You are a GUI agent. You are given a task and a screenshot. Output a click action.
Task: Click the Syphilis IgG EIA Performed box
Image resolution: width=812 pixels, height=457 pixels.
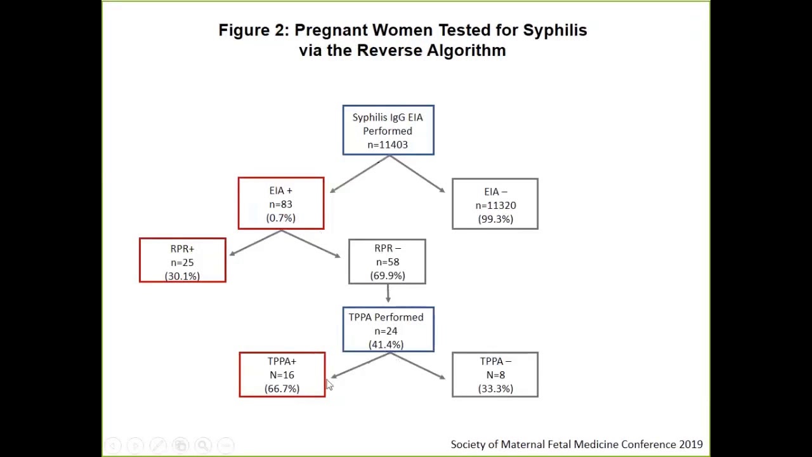tap(388, 130)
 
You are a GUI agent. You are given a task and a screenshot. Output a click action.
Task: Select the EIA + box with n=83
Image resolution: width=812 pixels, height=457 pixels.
tap(281, 203)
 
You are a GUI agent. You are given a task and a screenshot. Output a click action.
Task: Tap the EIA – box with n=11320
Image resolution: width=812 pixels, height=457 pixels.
tap(495, 204)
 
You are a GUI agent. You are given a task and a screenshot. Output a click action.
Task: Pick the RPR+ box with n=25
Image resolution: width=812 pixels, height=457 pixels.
tap(183, 260)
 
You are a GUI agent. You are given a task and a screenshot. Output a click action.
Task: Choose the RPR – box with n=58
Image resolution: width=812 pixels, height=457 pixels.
tap(387, 262)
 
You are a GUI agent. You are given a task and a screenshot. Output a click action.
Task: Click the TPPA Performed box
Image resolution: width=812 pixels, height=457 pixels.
tap(388, 329)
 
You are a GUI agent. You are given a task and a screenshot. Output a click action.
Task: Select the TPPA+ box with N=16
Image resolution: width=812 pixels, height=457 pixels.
tap(282, 374)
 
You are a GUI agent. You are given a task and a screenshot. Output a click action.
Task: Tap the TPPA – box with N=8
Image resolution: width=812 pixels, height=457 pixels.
tap(495, 374)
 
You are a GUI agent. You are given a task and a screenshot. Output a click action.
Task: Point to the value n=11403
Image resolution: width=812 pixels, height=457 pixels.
tap(388, 145)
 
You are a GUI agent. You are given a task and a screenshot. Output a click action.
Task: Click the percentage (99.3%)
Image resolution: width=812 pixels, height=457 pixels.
tap(495, 219)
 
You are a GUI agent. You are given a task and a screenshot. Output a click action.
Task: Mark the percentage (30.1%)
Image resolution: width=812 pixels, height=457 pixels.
tap(182, 276)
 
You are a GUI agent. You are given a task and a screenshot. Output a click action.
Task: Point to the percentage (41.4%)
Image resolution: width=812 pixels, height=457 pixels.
tap(386, 345)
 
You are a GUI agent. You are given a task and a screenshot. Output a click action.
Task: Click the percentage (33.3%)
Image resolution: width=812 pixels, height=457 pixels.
tap(495, 388)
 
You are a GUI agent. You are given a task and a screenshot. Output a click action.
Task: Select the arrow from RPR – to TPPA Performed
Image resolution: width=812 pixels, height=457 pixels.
tap(388, 294)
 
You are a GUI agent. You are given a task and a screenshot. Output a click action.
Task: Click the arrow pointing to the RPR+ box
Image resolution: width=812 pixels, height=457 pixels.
tap(254, 243)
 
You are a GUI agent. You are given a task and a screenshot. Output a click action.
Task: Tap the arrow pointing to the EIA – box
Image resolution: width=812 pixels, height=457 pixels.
tap(419, 175)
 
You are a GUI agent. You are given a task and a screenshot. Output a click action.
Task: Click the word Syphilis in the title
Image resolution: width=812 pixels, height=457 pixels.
tap(554, 30)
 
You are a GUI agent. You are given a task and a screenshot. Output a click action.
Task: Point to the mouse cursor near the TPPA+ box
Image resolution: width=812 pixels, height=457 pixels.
tap(329, 385)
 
